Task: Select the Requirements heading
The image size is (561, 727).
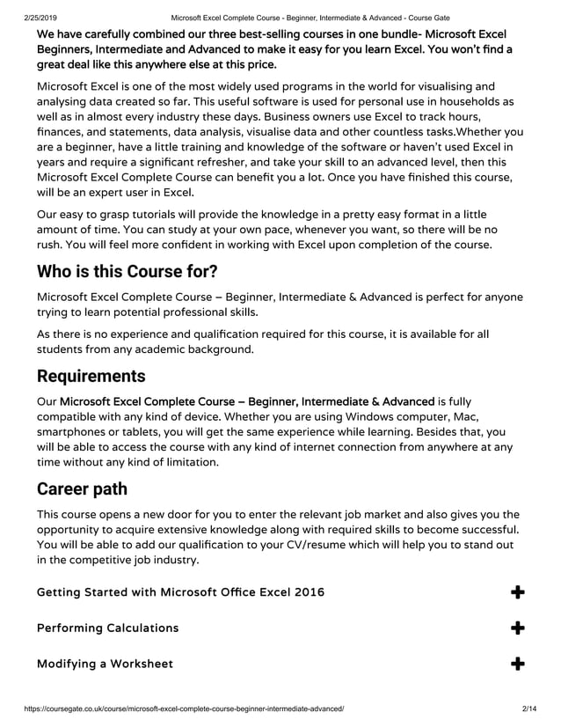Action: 91,376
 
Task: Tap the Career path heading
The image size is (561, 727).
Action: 82,488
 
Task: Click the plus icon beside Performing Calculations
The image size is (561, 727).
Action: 518,628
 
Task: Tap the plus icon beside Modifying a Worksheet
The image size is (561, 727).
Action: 518,663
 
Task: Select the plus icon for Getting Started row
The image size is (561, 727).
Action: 518,592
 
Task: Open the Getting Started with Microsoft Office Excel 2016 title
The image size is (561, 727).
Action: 180,592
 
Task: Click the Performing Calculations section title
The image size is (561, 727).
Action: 107,628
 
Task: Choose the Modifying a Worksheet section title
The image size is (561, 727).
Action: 105,663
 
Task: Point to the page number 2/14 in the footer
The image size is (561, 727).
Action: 528,709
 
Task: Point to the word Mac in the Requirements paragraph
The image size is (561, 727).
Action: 462,416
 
